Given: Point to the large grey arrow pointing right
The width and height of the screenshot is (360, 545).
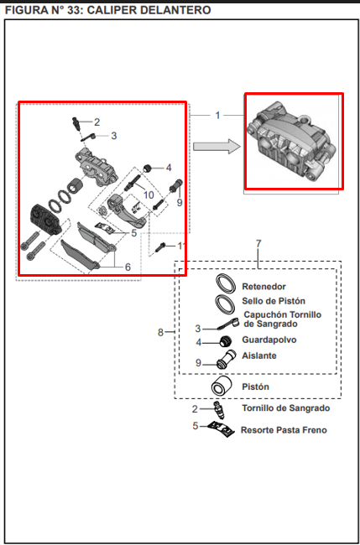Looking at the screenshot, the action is [x=217, y=147].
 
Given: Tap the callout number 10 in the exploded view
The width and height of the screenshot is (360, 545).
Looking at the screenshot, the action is [x=149, y=195].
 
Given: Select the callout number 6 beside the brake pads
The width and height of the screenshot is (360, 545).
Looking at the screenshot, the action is [x=128, y=267].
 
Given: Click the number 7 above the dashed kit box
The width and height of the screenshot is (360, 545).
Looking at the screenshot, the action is [x=258, y=244].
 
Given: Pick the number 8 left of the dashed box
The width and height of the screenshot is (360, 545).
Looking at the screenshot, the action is [x=160, y=332].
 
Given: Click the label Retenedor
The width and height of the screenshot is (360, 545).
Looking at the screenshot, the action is [x=264, y=287].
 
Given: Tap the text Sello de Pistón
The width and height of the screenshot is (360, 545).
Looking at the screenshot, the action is [x=274, y=301].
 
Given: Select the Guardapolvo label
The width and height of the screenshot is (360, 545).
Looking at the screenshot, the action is [x=269, y=340].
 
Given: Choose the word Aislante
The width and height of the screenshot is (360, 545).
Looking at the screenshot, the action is [x=259, y=356].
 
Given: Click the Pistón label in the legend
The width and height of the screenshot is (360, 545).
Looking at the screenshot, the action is [x=255, y=387].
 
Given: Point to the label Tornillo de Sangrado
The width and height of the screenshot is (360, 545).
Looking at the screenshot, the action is [x=286, y=408].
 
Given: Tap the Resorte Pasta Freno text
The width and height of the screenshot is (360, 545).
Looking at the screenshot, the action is [x=284, y=430].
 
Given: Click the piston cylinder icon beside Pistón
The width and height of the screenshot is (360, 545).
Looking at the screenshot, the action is [x=222, y=386].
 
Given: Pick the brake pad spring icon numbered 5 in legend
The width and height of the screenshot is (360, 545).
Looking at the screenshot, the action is [x=221, y=429].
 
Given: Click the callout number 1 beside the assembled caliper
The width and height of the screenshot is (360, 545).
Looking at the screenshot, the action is [x=217, y=115].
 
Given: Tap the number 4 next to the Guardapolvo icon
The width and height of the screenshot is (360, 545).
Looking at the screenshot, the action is [x=199, y=342].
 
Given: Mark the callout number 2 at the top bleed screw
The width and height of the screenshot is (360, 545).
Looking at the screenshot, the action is [x=97, y=122].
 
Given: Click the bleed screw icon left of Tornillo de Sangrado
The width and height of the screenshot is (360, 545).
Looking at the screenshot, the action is [x=220, y=410].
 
